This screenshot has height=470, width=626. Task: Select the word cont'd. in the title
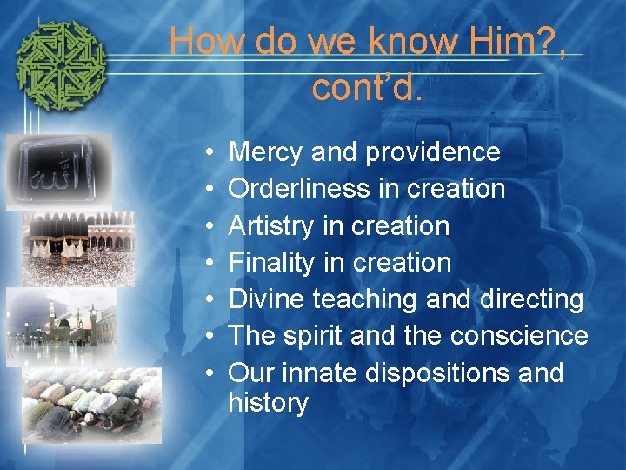(366, 87)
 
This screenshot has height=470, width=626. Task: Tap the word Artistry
(270, 226)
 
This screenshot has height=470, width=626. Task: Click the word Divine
(267, 299)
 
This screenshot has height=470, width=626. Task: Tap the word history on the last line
(268, 403)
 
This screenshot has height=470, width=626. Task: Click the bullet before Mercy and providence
(213, 153)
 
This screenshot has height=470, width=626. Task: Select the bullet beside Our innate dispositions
(213, 373)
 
